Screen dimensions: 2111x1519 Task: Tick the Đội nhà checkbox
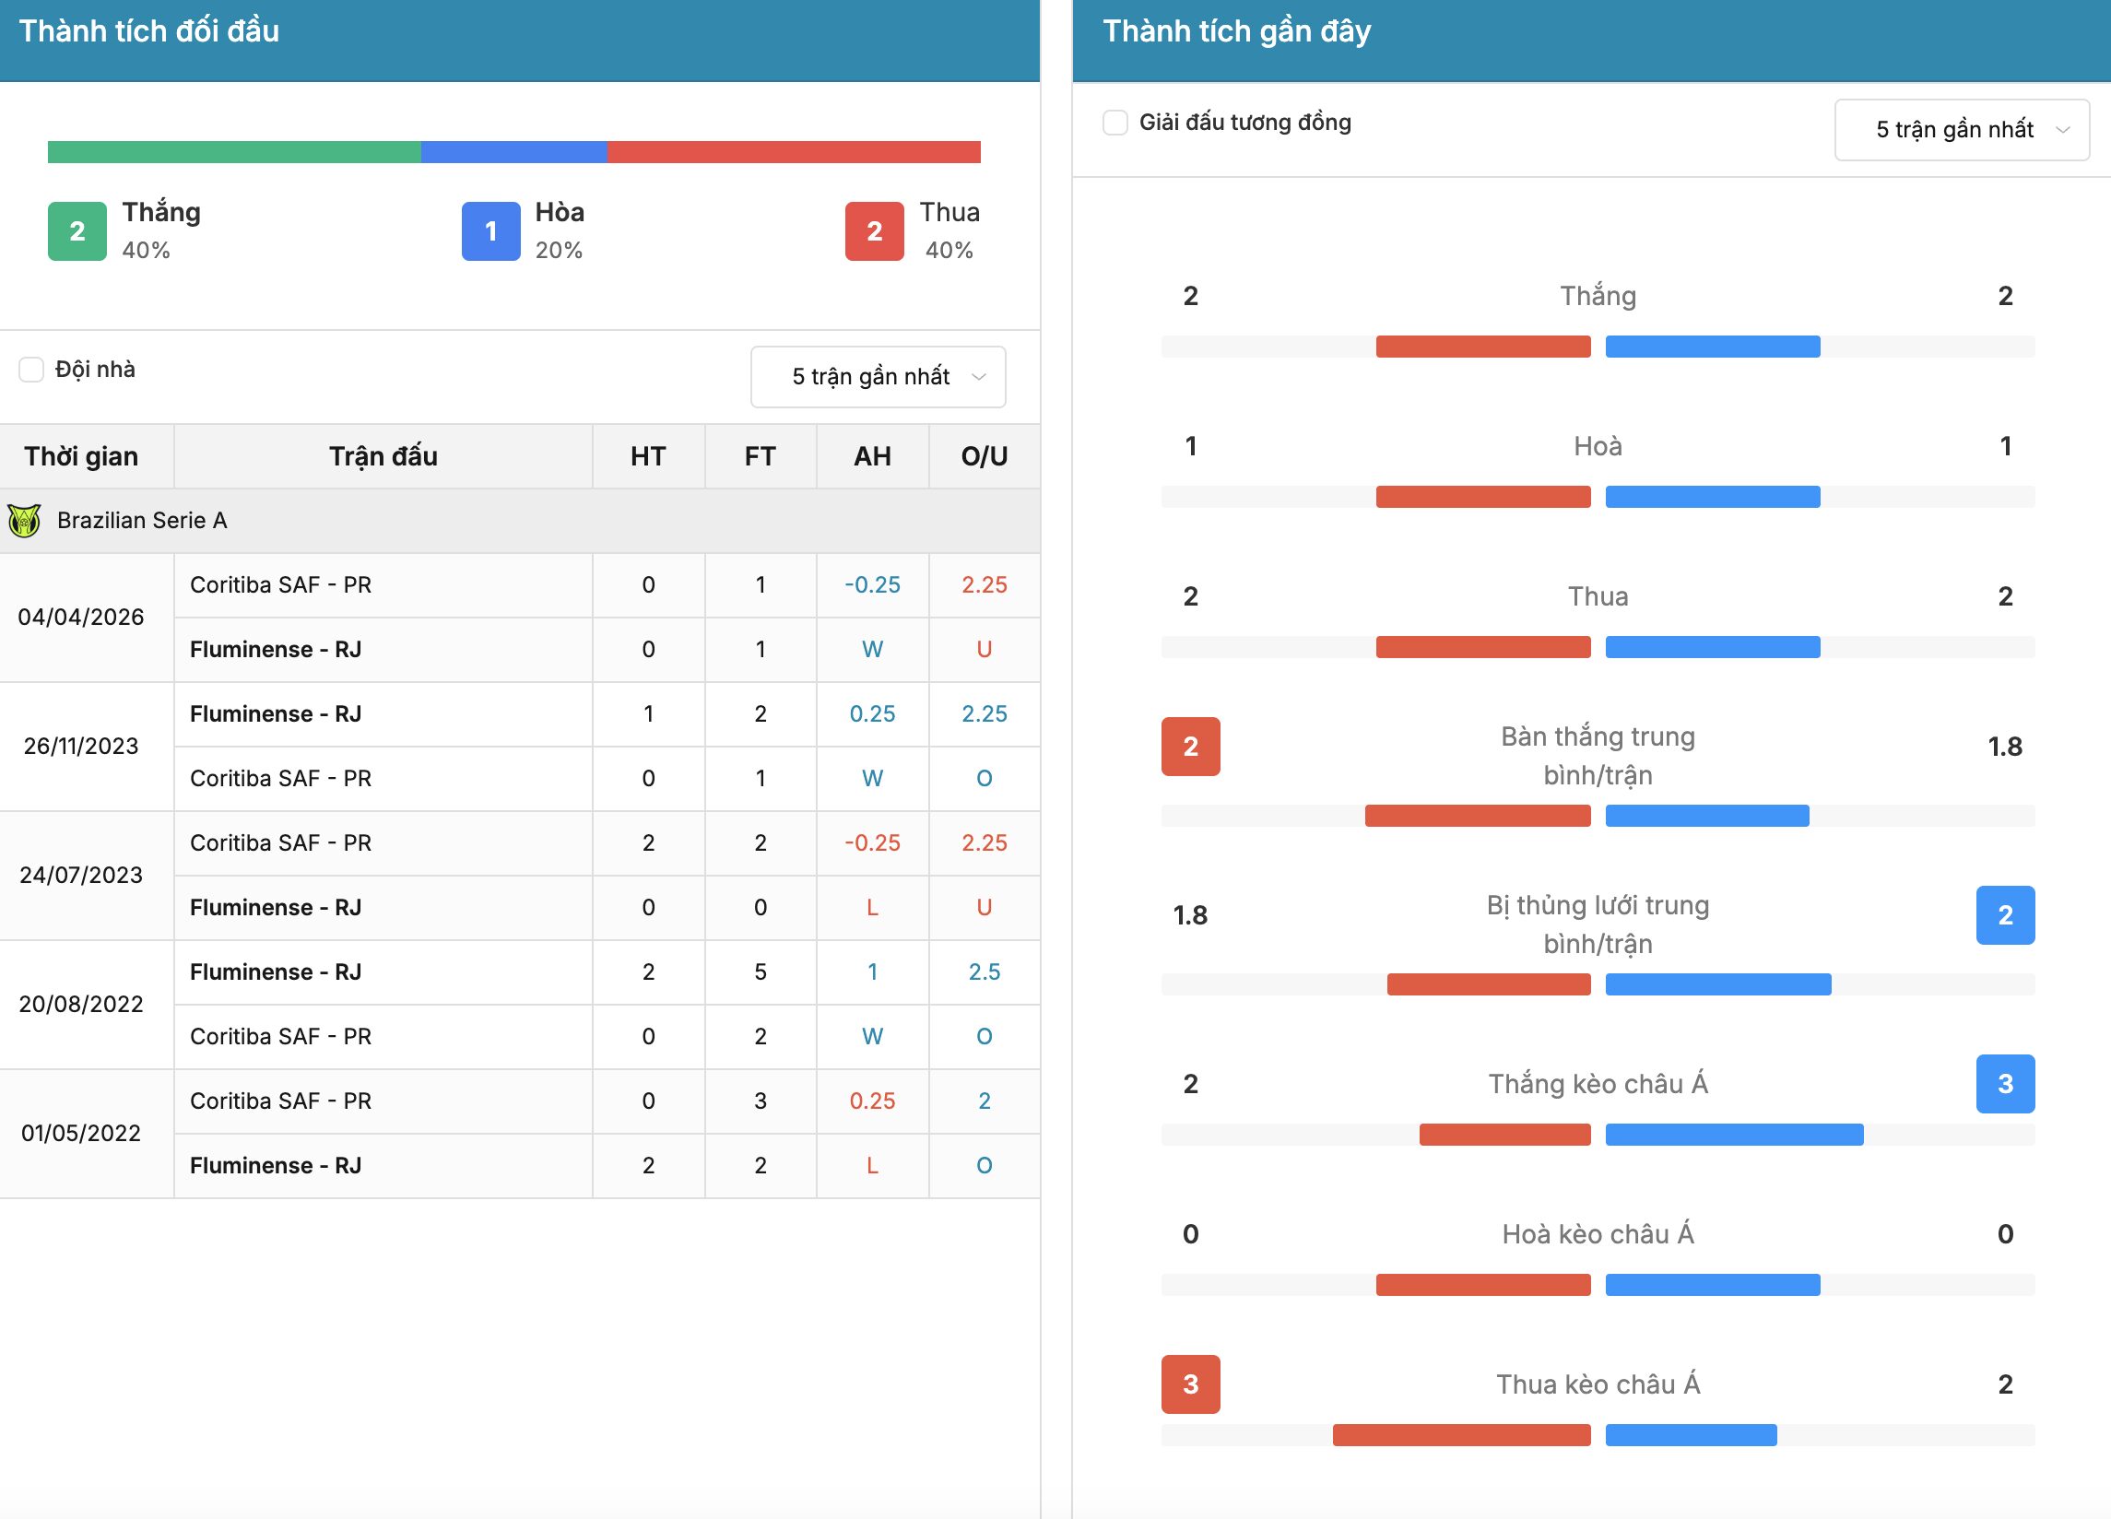click(31, 370)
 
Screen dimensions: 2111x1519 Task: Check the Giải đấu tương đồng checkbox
click(1115, 123)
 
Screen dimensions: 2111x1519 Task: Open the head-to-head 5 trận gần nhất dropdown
click(878, 377)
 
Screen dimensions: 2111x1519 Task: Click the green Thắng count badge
click(77, 230)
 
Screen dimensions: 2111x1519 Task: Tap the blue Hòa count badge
click(490, 230)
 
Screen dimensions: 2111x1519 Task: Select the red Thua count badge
click(874, 230)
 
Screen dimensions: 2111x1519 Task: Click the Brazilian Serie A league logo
click(24, 520)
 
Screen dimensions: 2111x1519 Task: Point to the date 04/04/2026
click(81, 618)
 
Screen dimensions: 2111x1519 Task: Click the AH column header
click(872, 456)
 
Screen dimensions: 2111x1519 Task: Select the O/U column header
click(984, 456)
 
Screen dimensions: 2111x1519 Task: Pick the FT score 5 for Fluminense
click(761, 971)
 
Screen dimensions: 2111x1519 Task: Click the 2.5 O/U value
click(984, 971)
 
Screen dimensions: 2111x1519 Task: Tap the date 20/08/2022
click(81, 1005)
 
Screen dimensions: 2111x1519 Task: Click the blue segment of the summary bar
click(513, 152)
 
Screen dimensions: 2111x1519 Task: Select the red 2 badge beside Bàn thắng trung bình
click(1190, 747)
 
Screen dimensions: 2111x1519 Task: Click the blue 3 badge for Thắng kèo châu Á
click(2005, 1083)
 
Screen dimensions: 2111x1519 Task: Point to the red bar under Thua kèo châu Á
click(1461, 1435)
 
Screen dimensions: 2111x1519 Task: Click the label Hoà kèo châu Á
click(1598, 1234)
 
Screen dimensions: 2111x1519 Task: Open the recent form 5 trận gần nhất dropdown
click(1961, 130)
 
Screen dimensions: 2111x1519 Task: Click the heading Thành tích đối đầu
click(149, 31)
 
